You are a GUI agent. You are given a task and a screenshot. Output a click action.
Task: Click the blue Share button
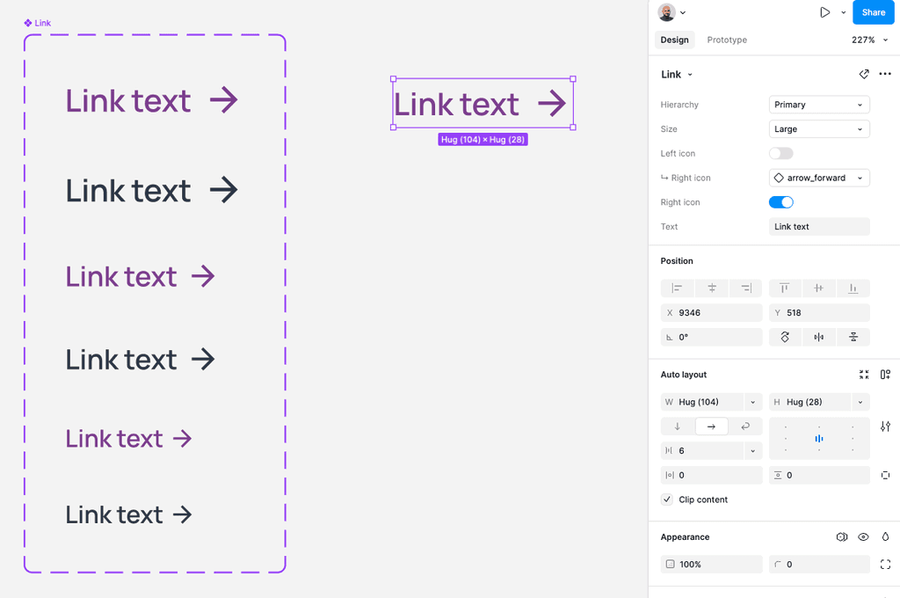[x=873, y=12]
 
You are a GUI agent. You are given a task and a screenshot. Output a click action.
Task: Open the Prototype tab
[x=727, y=40]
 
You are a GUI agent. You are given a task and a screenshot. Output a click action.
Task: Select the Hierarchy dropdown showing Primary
[x=818, y=105]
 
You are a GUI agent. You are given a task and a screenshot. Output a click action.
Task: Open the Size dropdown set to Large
[x=818, y=129]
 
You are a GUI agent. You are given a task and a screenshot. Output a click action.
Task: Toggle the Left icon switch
[x=780, y=153]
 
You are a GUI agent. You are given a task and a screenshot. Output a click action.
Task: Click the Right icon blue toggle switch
[x=780, y=202]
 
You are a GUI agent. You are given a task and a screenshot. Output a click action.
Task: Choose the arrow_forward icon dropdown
[x=818, y=178]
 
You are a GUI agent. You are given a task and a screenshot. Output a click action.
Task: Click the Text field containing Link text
[x=818, y=227]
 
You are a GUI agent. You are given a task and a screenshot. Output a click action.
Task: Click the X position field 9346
[x=711, y=313]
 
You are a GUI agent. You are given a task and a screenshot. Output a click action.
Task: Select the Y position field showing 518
[x=818, y=313]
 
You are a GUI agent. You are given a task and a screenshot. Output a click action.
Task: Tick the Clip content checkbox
[x=667, y=500]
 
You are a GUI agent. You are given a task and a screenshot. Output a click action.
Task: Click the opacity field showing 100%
[x=711, y=565]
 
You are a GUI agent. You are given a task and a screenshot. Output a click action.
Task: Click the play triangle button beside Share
[x=824, y=12]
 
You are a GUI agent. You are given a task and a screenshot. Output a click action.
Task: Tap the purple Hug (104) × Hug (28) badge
[x=483, y=140]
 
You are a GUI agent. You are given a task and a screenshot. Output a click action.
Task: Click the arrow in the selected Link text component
[x=552, y=104]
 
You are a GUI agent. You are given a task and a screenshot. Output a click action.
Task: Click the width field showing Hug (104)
[x=703, y=402]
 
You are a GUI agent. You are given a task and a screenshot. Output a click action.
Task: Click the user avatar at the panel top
[x=667, y=12]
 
